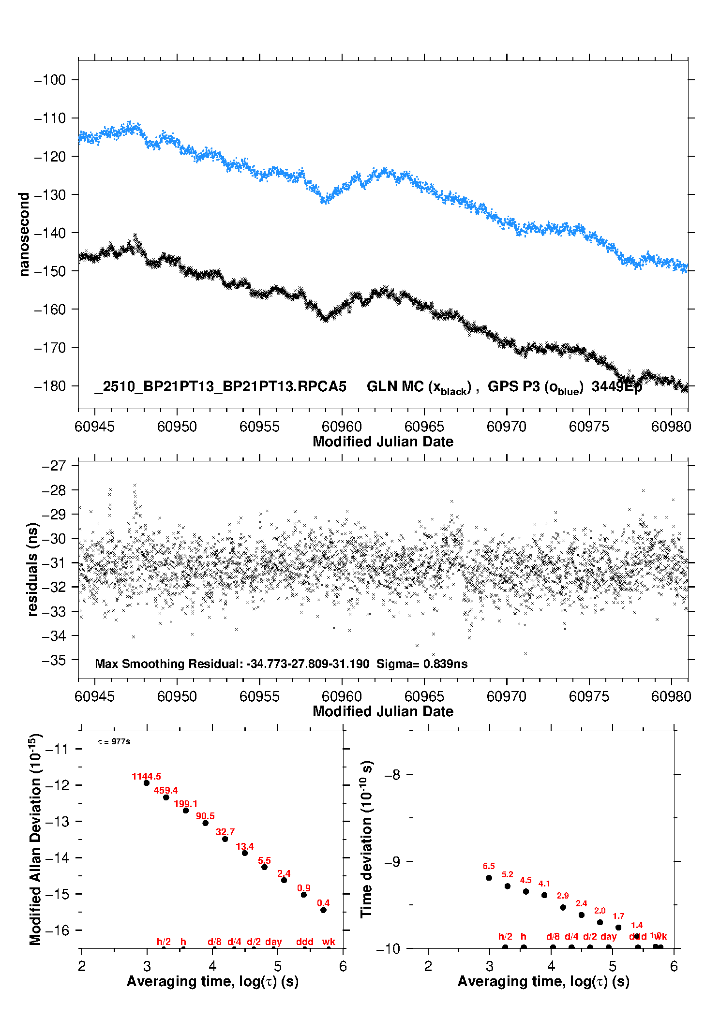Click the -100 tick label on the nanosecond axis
tap(50, 80)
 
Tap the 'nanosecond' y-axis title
tap(24, 234)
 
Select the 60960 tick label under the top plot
tap(342, 427)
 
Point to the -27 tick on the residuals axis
tap(54, 466)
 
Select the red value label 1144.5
tap(146, 776)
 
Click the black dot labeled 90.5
tap(205, 823)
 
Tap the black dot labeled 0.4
tap(323, 910)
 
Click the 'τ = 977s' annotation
tap(114, 741)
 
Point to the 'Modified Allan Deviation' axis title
tap(35, 839)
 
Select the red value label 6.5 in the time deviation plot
tap(489, 866)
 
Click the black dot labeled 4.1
tap(544, 895)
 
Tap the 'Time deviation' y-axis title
tap(366, 840)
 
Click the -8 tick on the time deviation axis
tap(392, 775)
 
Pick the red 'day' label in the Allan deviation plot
tap(273, 942)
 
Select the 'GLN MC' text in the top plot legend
tap(395, 386)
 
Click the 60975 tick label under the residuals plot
tap(589, 696)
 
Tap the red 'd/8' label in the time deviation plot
tap(553, 936)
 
